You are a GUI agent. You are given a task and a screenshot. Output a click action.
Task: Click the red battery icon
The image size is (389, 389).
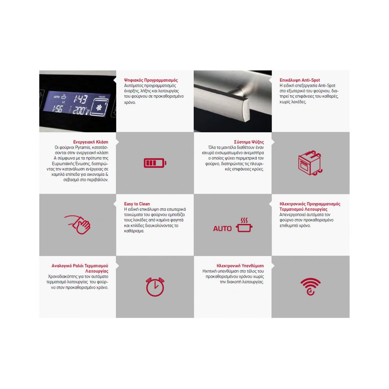155,163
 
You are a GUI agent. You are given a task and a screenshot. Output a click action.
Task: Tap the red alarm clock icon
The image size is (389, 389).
155,287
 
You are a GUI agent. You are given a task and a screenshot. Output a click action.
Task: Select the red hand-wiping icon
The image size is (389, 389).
78,224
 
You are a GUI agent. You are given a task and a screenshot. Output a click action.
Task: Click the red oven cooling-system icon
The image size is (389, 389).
310,163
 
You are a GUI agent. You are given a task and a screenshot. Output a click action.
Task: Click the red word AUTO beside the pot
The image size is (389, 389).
222,228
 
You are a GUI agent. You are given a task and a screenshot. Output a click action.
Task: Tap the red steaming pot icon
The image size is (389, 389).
244,225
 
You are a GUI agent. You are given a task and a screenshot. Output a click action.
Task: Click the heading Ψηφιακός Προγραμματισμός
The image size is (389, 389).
151,80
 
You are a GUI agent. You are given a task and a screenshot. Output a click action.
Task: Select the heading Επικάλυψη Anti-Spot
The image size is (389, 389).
300,80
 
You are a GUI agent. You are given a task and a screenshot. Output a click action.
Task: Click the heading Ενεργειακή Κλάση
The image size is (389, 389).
91,142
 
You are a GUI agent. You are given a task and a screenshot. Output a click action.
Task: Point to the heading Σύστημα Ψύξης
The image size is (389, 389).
249,142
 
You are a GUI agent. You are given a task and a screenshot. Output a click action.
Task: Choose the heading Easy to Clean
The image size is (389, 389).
137,204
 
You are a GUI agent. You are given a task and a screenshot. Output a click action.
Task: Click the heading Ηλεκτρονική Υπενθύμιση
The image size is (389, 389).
240,266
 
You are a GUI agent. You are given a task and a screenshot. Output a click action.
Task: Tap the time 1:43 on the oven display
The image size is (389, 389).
81,99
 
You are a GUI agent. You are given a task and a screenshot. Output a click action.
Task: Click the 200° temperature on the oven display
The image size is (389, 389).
80,110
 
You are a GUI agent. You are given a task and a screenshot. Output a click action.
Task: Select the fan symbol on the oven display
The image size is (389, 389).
99,108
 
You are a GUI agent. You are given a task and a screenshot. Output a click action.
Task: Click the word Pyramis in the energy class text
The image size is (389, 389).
83,147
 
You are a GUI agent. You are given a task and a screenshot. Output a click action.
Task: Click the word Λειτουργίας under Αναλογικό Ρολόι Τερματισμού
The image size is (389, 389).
97,271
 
